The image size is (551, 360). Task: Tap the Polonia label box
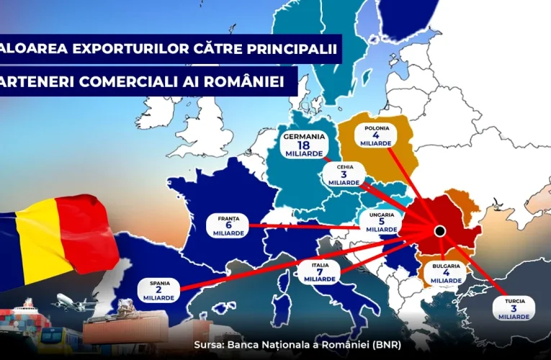pyautogui.click(x=376, y=135)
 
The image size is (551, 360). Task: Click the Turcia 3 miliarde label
pyautogui.click(x=514, y=306)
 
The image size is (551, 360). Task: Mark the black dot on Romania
pyautogui.click(x=439, y=231)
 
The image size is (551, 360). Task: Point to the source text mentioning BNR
pyautogui.click(x=297, y=345)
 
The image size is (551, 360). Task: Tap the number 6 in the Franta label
pyautogui.click(x=227, y=225)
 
